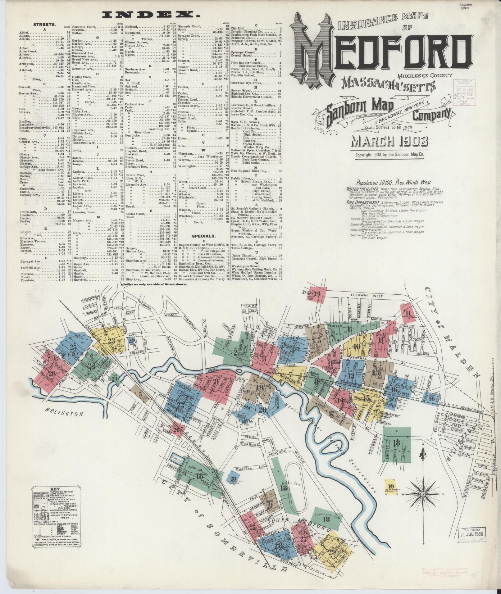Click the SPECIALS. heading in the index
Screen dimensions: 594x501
pyautogui.click(x=204, y=235)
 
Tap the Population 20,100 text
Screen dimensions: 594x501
pyautogui.click(x=388, y=183)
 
